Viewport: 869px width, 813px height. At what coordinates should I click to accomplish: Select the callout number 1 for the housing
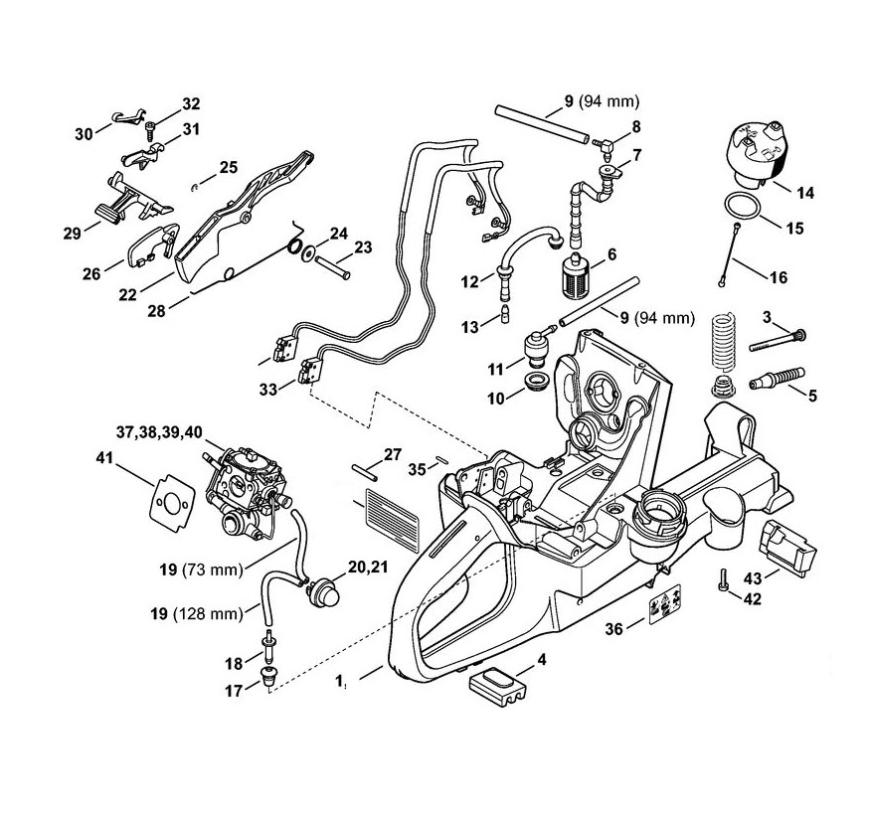[x=340, y=681]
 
